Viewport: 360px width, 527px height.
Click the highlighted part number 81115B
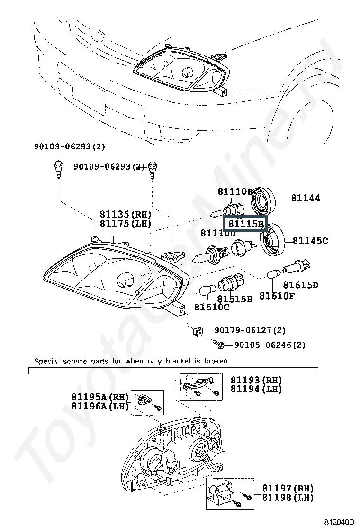(245, 224)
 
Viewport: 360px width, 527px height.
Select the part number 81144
(305, 198)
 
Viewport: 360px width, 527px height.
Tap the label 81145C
(310, 241)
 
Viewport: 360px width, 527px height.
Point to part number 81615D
(301, 285)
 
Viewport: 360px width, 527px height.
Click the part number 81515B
(235, 299)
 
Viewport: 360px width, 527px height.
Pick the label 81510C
(212, 307)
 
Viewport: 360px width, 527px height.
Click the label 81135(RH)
(128, 214)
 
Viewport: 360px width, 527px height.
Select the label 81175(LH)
(128, 224)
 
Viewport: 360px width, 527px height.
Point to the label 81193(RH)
(256, 380)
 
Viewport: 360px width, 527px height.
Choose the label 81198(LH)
(288, 498)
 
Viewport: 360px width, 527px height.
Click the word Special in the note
(45, 361)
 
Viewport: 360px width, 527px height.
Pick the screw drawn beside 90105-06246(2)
(218, 344)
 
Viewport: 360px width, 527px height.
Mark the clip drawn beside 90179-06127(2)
(199, 331)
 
